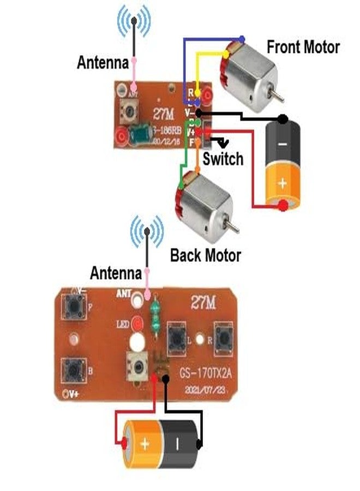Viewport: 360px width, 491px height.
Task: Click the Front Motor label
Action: pyautogui.click(x=303, y=47)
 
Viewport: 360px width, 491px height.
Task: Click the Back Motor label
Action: pyautogui.click(x=205, y=255)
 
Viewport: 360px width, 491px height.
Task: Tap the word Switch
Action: pyautogui.click(x=223, y=159)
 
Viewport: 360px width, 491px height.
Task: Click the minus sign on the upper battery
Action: pyautogui.click(x=283, y=144)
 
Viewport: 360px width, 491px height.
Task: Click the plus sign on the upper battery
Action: pyautogui.click(x=283, y=183)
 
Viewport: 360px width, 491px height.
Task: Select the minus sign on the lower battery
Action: pyautogui.click(x=177, y=444)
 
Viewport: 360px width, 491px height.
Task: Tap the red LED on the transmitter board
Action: pyautogui.click(x=137, y=324)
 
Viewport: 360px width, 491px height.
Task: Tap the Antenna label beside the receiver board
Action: pyautogui.click(x=103, y=63)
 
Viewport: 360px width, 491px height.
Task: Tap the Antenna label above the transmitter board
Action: pyautogui.click(x=116, y=272)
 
